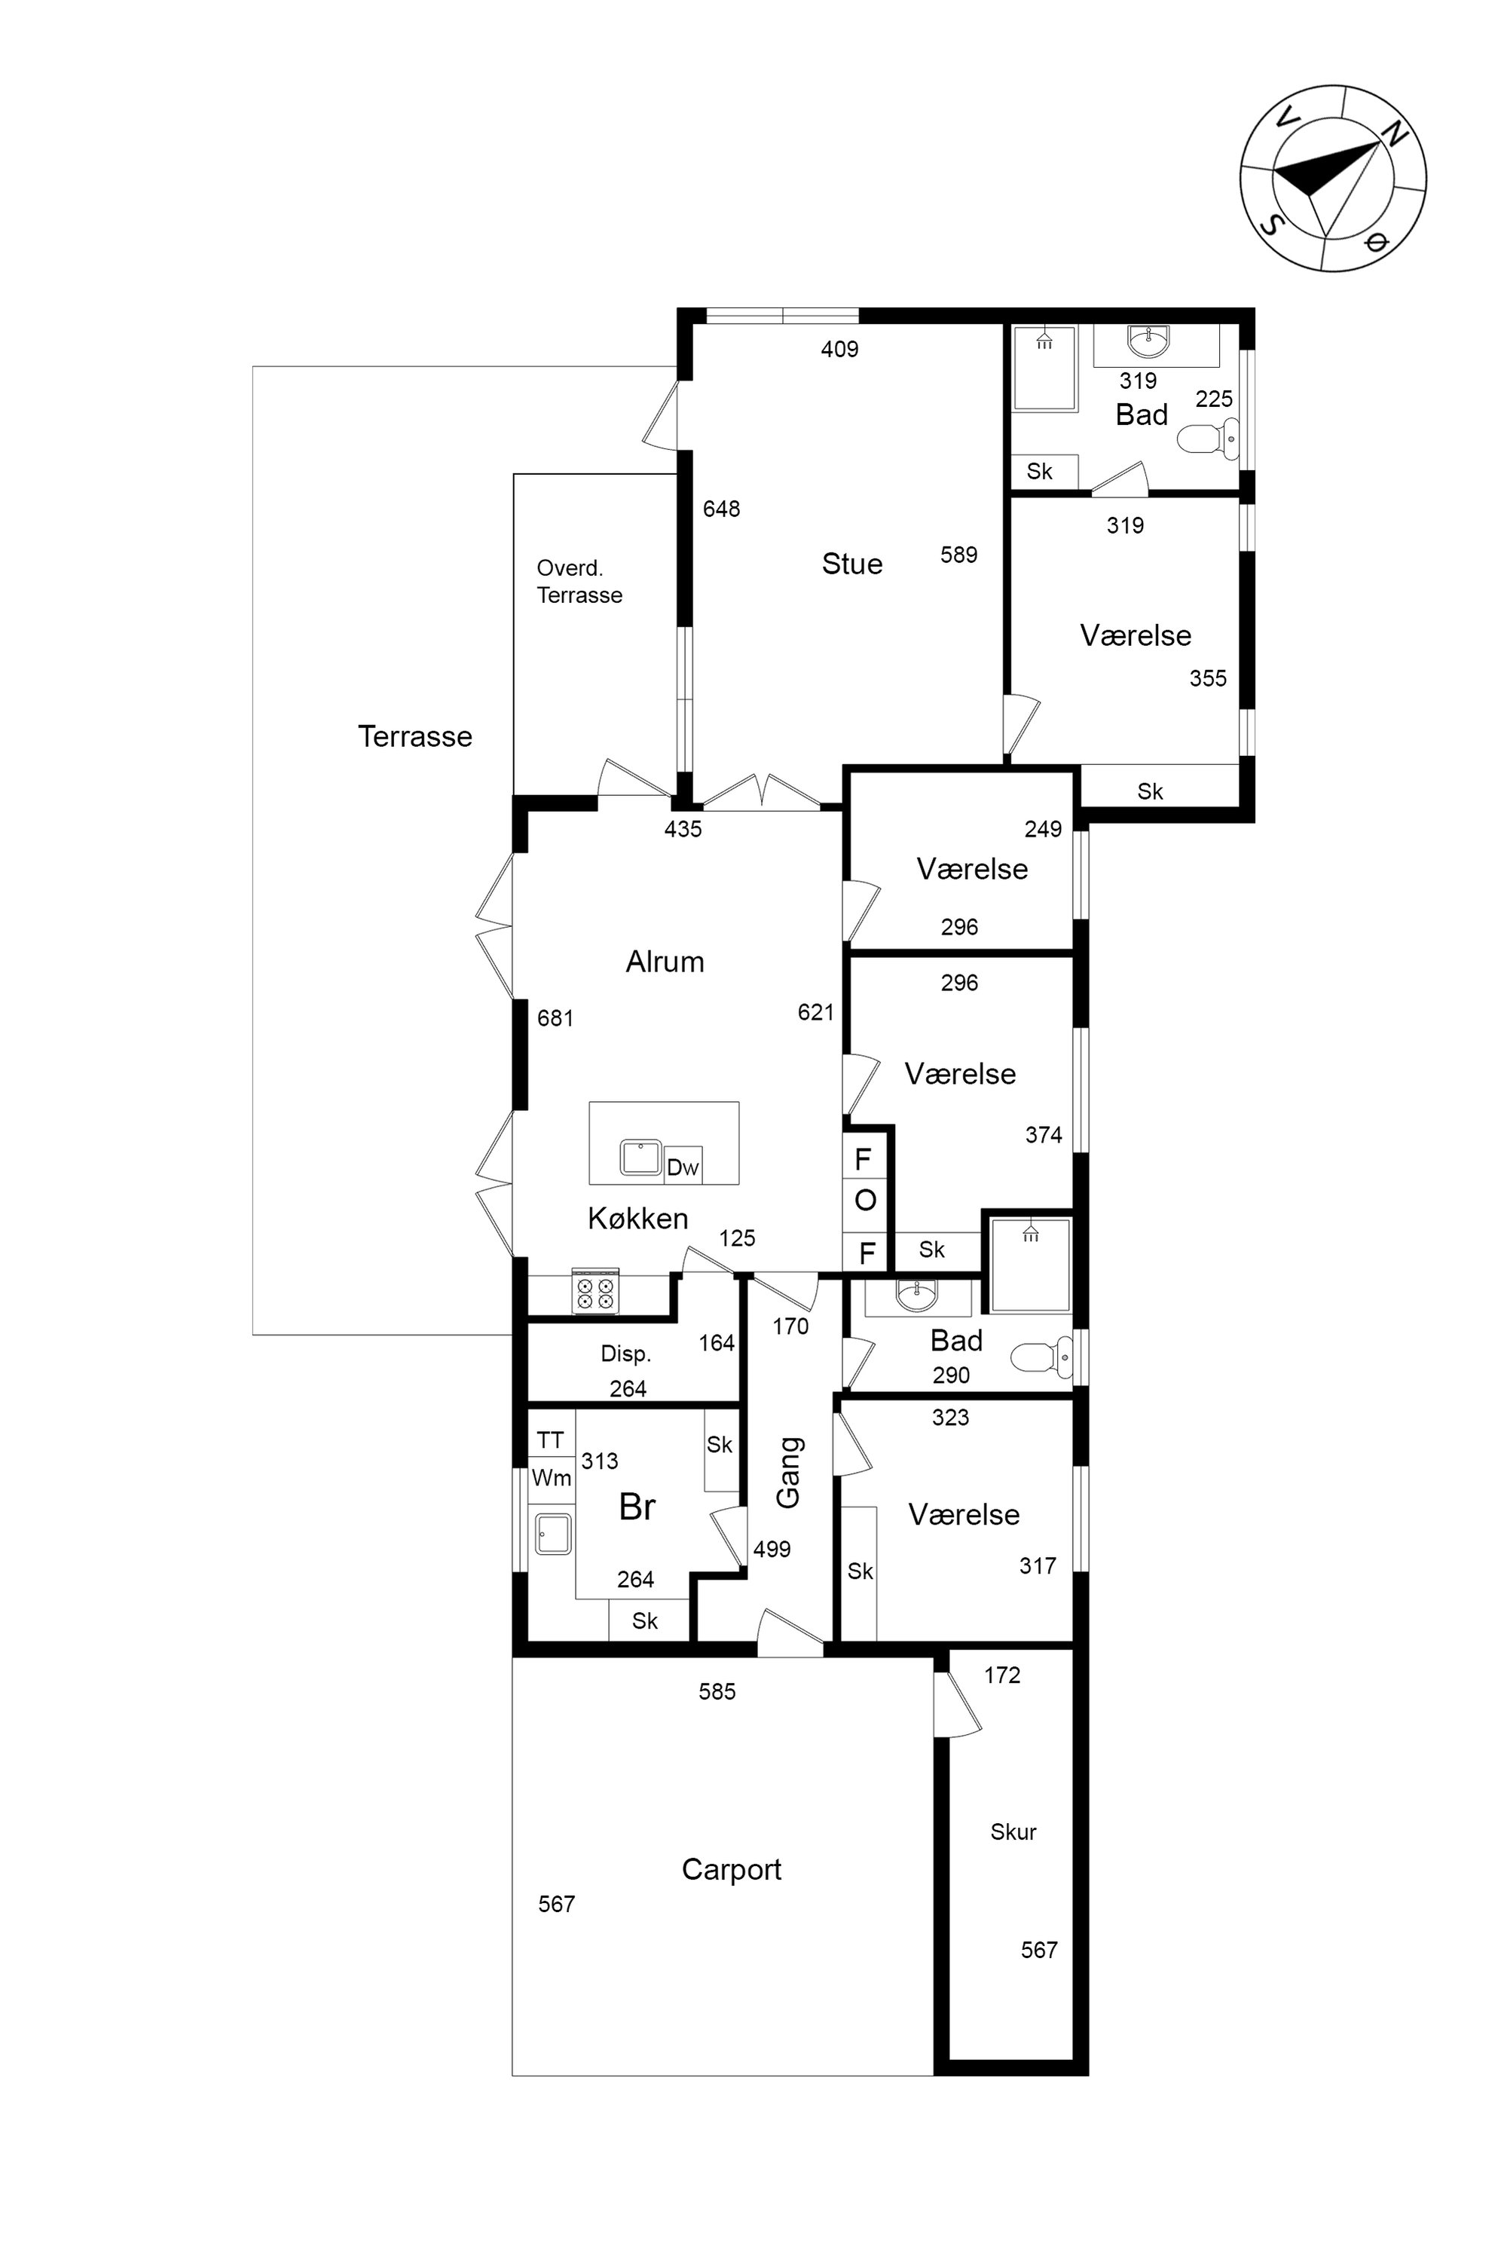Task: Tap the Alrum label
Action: click(665, 962)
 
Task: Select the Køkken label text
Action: click(638, 1218)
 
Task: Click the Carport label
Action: click(732, 1870)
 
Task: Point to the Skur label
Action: click(1013, 1831)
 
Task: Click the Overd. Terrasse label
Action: click(579, 582)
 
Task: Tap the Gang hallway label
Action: click(788, 1472)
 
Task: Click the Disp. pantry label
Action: click(625, 1354)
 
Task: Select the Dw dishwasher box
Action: click(683, 1166)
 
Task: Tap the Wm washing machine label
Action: click(552, 1477)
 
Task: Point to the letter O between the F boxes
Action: click(865, 1200)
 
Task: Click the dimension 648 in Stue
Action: click(721, 509)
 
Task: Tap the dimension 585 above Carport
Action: click(717, 1691)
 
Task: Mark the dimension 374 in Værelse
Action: click(1044, 1134)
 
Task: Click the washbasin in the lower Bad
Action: click(917, 1297)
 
